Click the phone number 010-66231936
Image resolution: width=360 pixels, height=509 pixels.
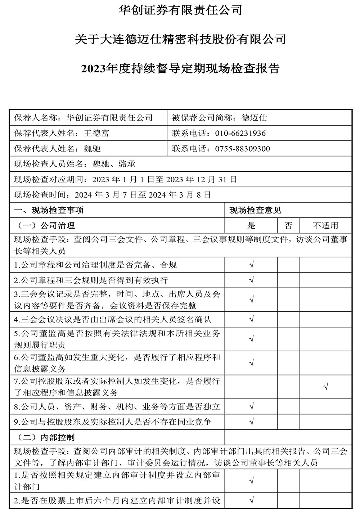(x=240, y=133)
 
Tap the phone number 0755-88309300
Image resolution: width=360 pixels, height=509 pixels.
(x=242, y=149)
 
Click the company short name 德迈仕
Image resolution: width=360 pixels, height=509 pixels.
(x=254, y=118)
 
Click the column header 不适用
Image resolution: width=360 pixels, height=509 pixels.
(x=325, y=226)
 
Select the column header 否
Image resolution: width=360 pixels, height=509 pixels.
(x=288, y=226)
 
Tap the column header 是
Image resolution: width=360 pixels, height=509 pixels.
(x=251, y=226)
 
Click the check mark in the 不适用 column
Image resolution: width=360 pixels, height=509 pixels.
(x=325, y=387)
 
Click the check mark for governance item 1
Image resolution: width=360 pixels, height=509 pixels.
(x=251, y=265)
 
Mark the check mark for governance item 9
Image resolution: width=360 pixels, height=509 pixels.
(x=251, y=421)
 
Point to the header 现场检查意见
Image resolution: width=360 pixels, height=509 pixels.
(x=255, y=210)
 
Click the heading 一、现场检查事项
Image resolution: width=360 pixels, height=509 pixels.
(x=49, y=210)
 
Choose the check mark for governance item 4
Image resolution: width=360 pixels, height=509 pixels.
(x=251, y=319)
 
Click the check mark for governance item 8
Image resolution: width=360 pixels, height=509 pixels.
(x=251, y=407)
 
